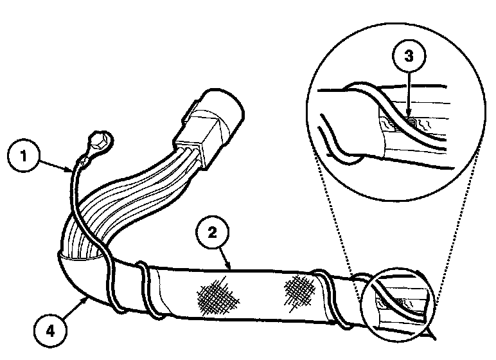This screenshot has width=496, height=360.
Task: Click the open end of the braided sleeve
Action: click(x=77, y=257)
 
